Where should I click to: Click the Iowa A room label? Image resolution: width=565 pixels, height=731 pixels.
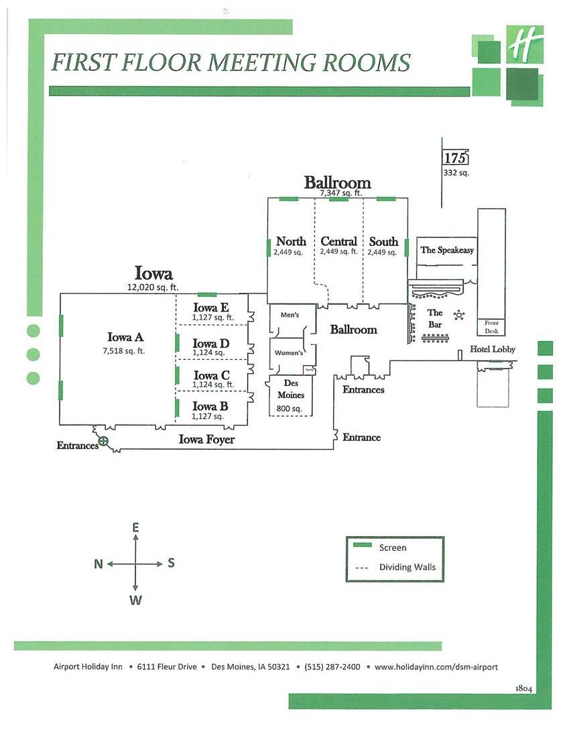pos(125,338)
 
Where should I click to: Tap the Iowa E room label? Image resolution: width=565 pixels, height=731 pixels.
pos(211,308)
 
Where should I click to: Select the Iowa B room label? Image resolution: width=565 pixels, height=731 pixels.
pos(210,406)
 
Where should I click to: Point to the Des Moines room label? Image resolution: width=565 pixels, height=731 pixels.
pos(291,389)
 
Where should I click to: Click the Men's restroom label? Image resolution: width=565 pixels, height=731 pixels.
pos(290,315)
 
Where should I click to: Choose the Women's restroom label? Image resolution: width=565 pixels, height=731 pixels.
pos(289,353)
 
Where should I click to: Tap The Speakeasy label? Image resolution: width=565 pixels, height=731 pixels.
pos(447,250)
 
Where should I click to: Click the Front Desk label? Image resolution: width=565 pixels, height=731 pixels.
pos(491,327)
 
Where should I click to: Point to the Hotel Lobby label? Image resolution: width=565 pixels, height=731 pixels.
pos(493,349)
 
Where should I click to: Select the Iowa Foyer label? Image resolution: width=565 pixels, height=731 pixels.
pos(206,440)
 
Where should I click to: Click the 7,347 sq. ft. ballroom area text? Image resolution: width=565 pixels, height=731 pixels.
pos(340,193)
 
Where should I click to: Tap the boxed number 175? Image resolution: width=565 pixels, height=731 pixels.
pos(455,158)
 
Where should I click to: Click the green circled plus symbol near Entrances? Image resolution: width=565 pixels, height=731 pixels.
pos(103,441)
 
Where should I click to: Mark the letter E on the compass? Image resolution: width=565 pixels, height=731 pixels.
pos(135,528)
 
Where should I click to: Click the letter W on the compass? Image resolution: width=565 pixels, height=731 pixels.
pos(135,600)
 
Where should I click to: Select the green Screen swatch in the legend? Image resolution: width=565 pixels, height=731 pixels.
pos(363,545)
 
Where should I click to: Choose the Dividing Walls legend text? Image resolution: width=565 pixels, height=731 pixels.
pos(407,567)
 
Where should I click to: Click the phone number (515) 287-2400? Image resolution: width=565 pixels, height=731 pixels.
pos(332,667)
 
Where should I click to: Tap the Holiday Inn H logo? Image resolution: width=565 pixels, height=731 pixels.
pos(523,46)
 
